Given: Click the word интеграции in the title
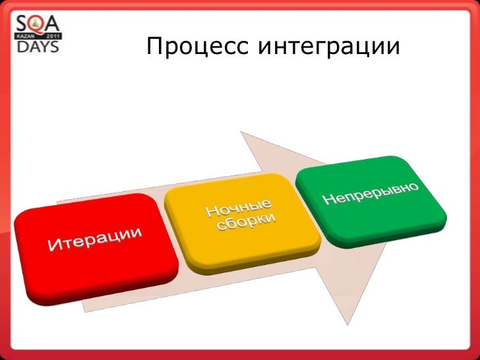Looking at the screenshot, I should (x=328, y=47).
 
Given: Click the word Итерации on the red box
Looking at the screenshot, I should (x=96, y=239).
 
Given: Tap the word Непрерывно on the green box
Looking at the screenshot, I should (x=371, y=190).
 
